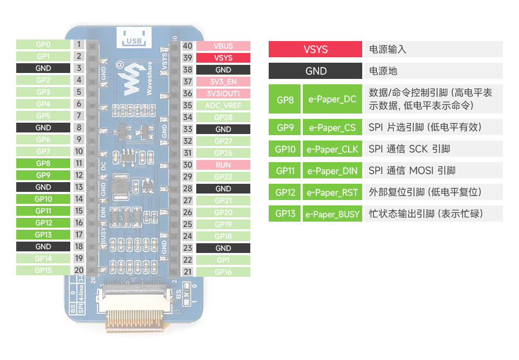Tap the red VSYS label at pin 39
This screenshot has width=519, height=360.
coord(223,58)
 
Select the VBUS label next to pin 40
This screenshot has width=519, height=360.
coord(223,46)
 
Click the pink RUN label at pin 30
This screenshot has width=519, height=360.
coord(223,165)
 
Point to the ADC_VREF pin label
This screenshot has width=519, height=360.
coord(223,105)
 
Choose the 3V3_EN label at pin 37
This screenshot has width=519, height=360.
coord(223,82)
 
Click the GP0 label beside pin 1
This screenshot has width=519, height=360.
coord(43,44)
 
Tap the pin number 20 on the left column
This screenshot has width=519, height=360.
coord(79,270)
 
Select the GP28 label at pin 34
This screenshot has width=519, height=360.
coord(223,117)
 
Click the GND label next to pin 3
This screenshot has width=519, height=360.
coord(43,68)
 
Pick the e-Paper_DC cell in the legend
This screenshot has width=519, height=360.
coord(332,99)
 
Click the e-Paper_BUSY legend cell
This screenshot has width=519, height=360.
coord(332,214)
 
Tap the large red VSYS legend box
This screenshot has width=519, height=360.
coord(315,49)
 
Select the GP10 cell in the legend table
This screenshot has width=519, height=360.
coord(285,149)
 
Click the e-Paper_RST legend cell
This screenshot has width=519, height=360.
coord(332,192)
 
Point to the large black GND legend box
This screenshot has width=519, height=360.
coord(315,71)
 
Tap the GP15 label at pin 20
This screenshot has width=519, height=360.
coord(43,270)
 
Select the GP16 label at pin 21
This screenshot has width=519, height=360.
coord(223,272)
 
